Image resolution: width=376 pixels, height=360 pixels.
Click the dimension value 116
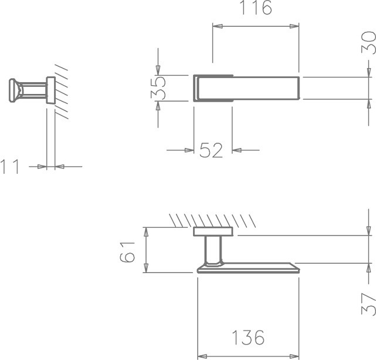(256, 8)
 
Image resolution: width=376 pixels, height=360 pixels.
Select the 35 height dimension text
(158, 88)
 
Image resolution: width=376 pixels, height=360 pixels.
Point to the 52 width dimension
(211, 150)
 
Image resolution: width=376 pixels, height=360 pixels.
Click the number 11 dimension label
(10, 166)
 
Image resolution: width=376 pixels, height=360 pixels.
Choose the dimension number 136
(249, 337)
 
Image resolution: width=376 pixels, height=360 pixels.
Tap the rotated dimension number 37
(369, 304)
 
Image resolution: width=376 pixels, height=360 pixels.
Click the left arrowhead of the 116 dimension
(218, 26)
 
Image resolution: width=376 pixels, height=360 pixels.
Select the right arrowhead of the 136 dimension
(294, 356)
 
